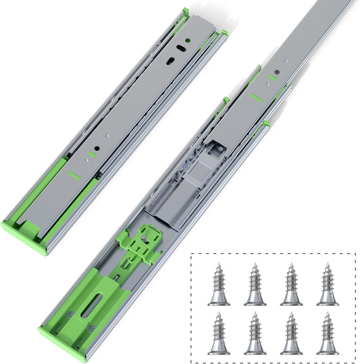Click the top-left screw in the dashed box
pos(218,284)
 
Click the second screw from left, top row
pos(255,284)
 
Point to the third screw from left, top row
pos(291,284)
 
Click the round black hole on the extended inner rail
pos(274,70)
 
